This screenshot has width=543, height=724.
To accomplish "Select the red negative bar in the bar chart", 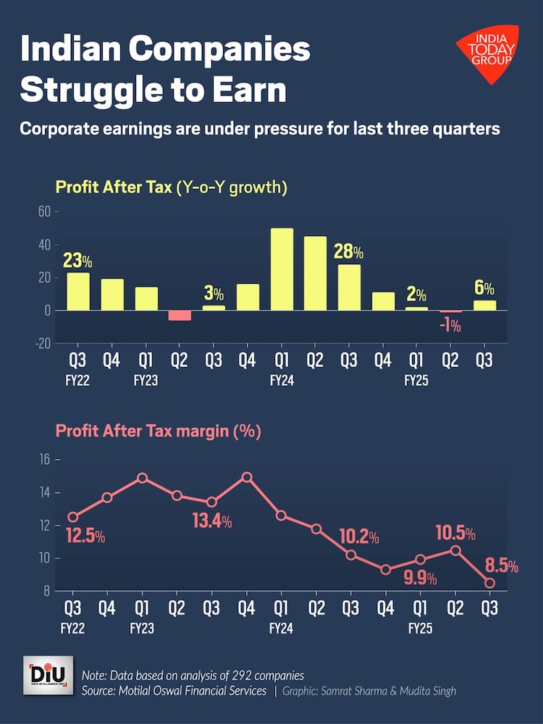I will (180, 315).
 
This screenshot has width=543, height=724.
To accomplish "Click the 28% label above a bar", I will (348, 253).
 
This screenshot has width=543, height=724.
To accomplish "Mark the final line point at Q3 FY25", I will (490, 583).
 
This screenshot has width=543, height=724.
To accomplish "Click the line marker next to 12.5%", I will (73, 517).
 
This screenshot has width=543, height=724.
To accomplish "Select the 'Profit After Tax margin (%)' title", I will (159, 432).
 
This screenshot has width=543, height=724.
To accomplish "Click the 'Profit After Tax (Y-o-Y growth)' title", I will (172, 188).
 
